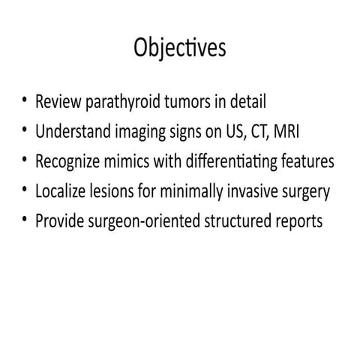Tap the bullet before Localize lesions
25,191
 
